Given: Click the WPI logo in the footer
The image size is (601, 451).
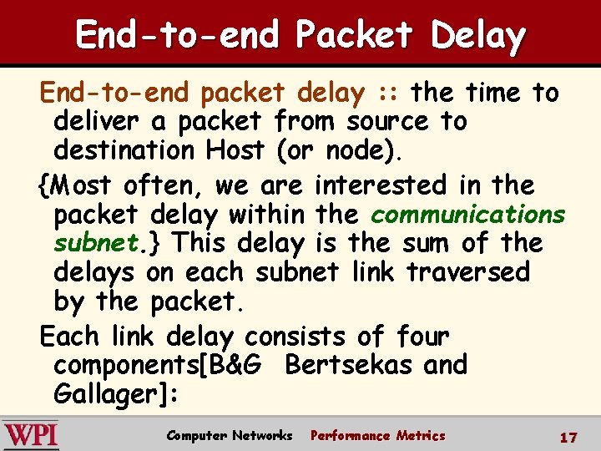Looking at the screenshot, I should pos(31,435).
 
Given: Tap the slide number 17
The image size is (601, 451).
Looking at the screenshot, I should pos(568,436).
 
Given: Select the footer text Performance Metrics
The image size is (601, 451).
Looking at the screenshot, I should pos(377,435).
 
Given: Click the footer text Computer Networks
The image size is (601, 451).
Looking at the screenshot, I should pos(230,435).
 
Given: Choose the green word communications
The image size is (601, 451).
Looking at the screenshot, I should pos(467,214).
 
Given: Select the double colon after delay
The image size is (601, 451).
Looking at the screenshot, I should pos(388,93).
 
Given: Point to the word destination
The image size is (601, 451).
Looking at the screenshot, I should pos(124,151).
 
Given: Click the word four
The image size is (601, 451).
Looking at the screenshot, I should pos(423,337).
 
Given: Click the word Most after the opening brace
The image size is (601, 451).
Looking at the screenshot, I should pos(80,185).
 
